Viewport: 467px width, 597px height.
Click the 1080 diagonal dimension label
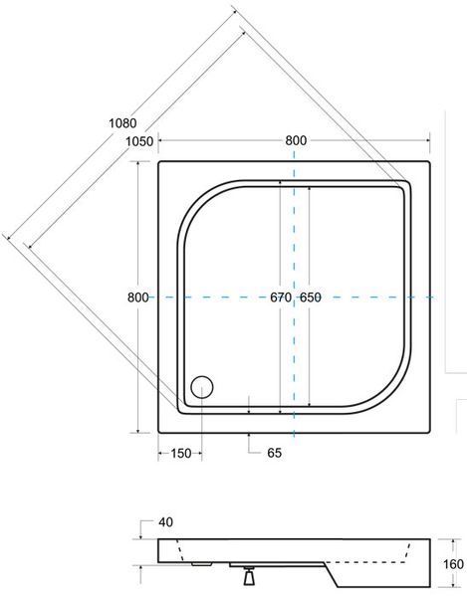point(122,123)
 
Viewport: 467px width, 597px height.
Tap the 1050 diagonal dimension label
point(139,141)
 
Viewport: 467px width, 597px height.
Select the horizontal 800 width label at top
point(296,140)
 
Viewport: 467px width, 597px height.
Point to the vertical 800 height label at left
point(137,297)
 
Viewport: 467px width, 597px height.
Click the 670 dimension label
point(281,297)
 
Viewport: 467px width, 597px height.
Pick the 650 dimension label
point(310,297)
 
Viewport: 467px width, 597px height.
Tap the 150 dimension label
point(180,453)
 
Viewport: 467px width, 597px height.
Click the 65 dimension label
point(274,453)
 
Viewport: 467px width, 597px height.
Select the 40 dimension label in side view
point(165,522)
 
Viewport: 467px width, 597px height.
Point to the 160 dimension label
point(453,564)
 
